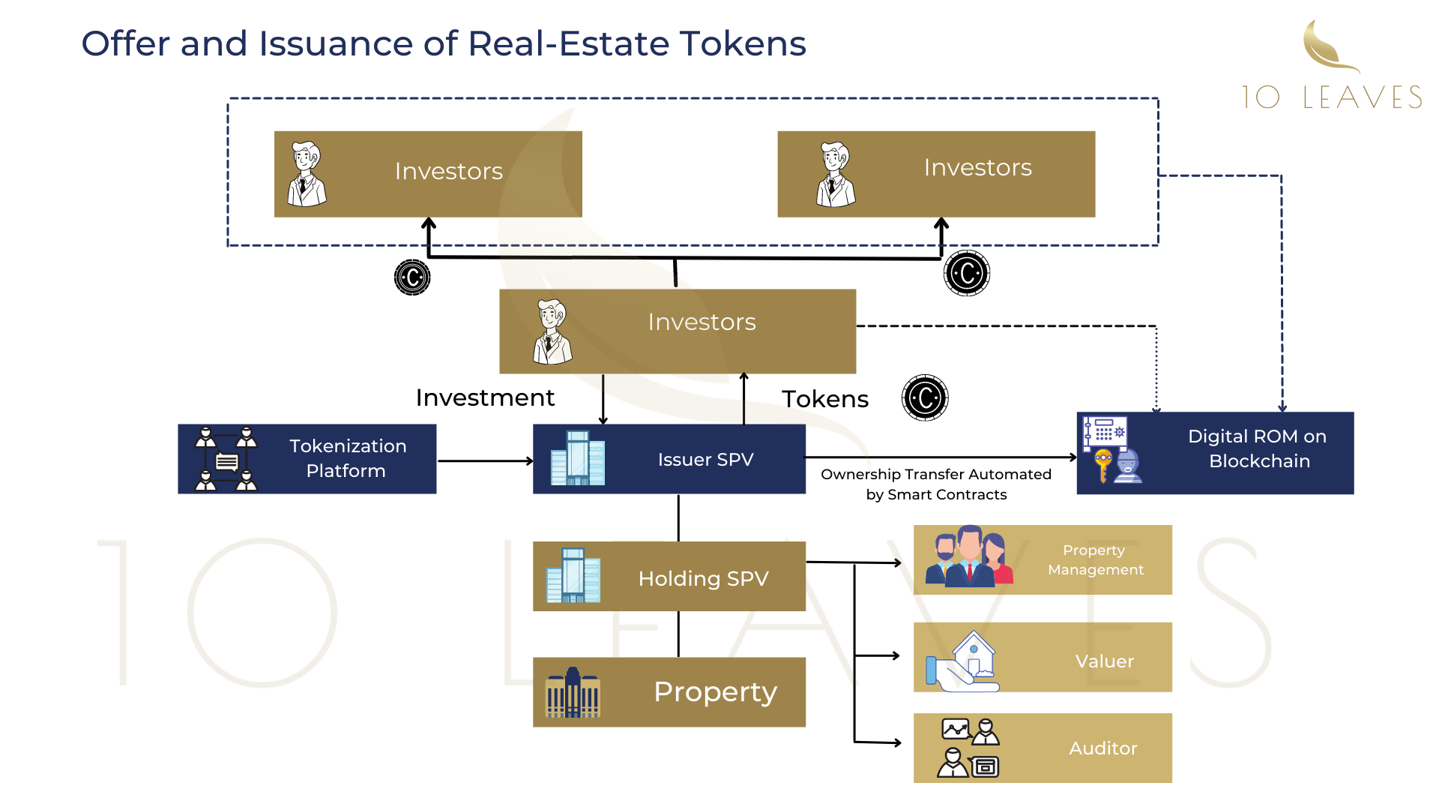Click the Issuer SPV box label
(705, 460)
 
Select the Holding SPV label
(703, 578)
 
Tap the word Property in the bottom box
(715, 691)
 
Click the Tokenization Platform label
(347, 458)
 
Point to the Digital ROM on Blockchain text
(1258, 448)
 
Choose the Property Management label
(1095, 559)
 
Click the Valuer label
(1104, 661)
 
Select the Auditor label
(1102, 748)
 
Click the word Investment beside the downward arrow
(485, 397)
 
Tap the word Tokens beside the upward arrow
(825, 399)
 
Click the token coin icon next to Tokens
(925, 397)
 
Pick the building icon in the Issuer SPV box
(577, 458)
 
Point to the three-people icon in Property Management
(968, 556)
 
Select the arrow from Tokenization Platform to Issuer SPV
(485, 461)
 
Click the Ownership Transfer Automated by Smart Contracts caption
(936, 484)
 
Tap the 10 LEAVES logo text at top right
(1331, 97)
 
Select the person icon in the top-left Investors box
(307, 174)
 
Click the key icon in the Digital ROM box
(1102, 465)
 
